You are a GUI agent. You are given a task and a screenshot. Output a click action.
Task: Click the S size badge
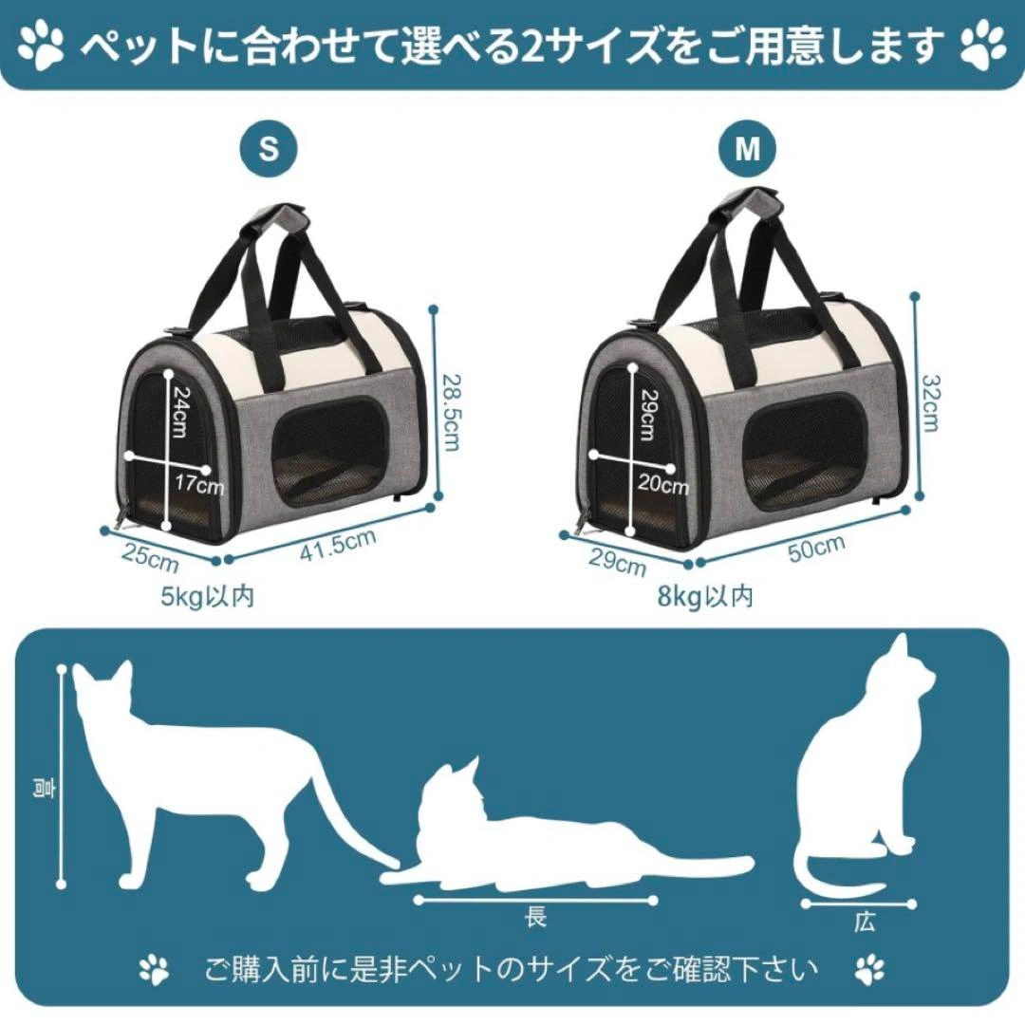(268, 149)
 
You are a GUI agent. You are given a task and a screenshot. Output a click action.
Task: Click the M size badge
(748, 149)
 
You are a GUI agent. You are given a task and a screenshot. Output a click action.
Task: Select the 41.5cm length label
(339, 545)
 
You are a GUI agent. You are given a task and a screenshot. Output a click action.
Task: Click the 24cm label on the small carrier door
(179, 412)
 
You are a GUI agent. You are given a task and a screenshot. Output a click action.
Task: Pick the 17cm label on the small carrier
(198, 485)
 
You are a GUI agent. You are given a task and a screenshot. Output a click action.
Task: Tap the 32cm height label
(930, 402)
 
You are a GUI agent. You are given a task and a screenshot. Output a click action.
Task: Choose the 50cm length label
(816, 548)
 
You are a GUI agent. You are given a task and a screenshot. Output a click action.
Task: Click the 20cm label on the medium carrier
(663, 485)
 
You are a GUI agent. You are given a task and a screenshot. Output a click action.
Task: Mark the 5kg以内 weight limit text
(207, 596)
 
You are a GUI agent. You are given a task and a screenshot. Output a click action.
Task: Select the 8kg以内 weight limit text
(705, 596)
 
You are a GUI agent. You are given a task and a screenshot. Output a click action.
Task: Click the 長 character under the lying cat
(535, 917)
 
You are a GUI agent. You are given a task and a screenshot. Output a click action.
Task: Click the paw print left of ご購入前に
(155, 970)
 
